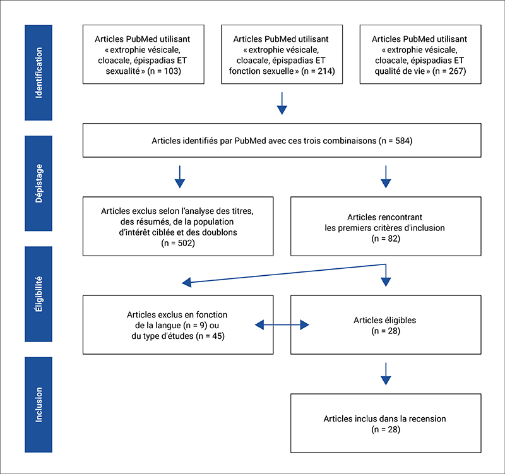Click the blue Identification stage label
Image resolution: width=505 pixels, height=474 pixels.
39,73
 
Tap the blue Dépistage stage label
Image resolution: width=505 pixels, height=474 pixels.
39,183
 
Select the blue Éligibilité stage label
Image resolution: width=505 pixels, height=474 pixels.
39,294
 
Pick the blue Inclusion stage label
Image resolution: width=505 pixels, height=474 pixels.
39,405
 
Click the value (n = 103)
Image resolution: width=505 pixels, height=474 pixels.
164,71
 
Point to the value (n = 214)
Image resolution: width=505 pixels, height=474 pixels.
318,71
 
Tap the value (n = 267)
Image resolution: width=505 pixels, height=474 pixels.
449,71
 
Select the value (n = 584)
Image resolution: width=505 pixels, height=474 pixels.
396,141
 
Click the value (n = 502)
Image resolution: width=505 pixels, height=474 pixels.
178,243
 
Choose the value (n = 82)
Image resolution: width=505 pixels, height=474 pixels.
386,239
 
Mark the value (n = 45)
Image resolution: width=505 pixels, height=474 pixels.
210,336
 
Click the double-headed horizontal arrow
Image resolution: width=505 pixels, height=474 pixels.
282,325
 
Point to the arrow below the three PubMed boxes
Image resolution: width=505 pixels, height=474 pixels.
282,104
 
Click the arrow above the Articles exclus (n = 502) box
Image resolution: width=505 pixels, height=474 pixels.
180,177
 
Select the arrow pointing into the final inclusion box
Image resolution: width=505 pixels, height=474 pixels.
386,374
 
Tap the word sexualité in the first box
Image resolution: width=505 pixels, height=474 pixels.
123,71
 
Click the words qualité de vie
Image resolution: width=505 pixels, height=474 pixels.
400,71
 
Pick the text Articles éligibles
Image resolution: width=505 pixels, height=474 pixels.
385,321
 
